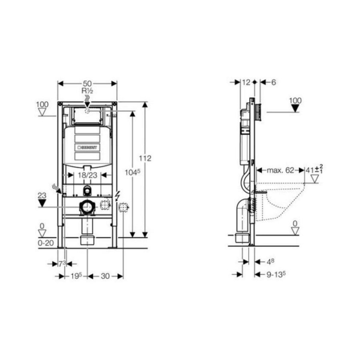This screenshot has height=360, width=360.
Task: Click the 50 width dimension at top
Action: point(88,83)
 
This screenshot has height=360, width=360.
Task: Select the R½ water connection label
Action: point(88,91)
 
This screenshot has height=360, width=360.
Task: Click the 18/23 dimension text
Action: point(86,175)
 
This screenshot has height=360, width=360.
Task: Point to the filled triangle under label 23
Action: point(42,203)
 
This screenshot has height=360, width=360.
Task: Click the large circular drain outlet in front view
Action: point(86,207)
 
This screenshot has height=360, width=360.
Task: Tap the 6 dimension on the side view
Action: point(274,82)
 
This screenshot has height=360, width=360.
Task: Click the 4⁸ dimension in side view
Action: point(270,261)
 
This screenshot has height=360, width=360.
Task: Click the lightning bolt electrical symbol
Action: point(117,195)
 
